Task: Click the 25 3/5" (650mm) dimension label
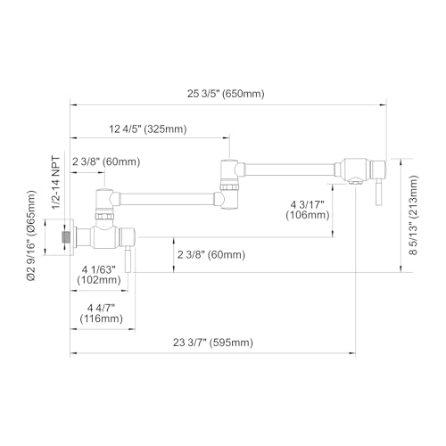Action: (226, 94)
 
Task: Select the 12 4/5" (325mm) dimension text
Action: (148, 129)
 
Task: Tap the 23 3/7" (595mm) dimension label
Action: (213, 343)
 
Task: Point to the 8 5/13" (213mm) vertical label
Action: (413, 215)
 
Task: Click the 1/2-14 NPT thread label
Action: (56, 183)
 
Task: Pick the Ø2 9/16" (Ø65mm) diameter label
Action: (31, 235)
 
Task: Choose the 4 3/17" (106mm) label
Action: (308, 210)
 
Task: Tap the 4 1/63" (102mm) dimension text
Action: (99, 275)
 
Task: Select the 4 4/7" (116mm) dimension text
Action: (102, 313)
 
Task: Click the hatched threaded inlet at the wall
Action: (66, 237)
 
